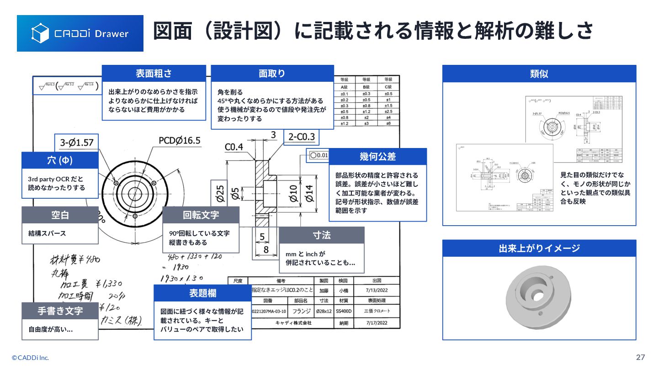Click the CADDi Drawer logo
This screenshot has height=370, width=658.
point(80,33)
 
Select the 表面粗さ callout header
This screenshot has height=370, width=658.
point(154,73)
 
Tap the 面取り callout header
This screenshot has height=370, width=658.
point(272,73)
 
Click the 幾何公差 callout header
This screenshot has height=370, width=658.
point(377,156)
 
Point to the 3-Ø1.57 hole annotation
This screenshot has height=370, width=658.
point(77,143)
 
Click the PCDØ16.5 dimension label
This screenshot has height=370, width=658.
point(180,140)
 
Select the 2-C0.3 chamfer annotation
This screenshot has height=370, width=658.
point(301,136)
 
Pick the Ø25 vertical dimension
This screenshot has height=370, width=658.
point(220,194)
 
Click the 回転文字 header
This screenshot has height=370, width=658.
point(201,215)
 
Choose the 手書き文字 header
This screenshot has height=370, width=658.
point(60,311)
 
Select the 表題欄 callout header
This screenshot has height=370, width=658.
point(202,293)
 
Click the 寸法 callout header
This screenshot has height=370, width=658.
point(322,235)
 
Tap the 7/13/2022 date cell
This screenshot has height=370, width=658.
point(377,290)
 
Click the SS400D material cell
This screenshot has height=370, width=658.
point(344,312)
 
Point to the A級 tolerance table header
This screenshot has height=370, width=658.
point(345,87)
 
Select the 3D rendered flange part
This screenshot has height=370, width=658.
point(539,295)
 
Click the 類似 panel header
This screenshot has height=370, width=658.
point(539,74)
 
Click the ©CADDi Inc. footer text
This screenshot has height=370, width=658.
point(30,358)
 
